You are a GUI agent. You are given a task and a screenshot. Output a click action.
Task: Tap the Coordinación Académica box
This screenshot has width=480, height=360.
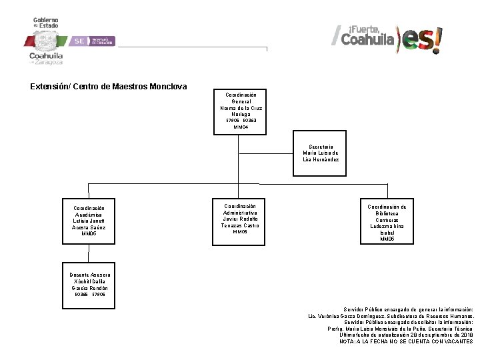click(x=89, y=221)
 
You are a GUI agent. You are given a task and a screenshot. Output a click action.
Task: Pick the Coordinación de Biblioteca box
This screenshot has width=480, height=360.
click(x=387, y=222)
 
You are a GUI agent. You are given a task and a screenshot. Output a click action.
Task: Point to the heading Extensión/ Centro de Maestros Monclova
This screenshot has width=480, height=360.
click(x=109, y=87)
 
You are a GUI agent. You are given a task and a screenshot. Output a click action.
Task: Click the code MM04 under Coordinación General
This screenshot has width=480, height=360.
click(x=241, y=127)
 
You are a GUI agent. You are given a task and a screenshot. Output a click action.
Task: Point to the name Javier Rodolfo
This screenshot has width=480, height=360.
click(x=240, y=219)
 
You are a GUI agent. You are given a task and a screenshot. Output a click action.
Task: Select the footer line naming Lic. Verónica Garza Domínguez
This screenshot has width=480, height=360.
click(x=391, y=316)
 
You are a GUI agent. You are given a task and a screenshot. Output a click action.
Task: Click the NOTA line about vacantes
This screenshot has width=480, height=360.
click(x=406, y=341)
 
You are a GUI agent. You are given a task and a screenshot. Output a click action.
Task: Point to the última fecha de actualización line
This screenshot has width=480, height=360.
click(x=406, y=335)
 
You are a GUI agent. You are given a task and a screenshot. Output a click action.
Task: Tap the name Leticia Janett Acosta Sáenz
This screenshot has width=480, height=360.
click(x=89, y=224)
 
